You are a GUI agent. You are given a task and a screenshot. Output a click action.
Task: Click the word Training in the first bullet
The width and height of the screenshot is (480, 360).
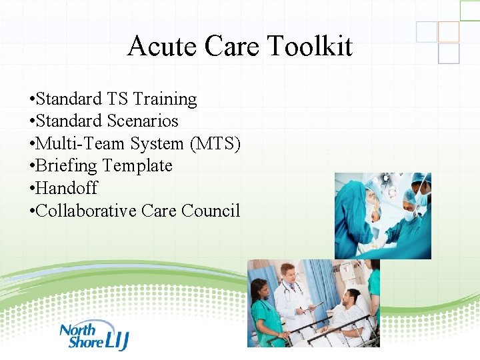pyautogui.click(x=165, y=99)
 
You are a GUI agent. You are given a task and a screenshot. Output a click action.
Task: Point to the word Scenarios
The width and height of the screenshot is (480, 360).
pyautogui.click(x=147, y=121)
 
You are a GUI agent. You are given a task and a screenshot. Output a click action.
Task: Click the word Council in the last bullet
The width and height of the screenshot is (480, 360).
pyautogui.click(x=210, y=211)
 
